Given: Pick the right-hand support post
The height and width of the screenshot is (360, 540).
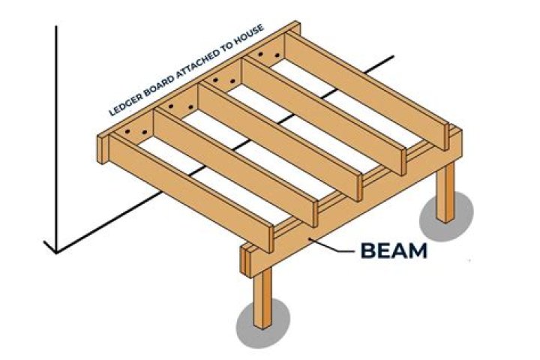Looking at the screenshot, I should pos(446,192).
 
